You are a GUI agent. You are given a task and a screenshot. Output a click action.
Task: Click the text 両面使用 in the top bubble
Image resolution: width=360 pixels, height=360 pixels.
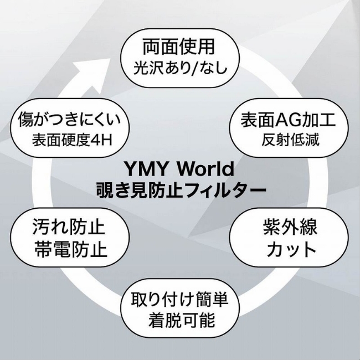click(x=178, y=46)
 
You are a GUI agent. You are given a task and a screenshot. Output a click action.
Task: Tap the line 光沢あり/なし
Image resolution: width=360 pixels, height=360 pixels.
click(x=178, y=69)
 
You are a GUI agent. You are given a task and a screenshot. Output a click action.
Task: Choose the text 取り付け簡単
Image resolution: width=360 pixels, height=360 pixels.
click(x=179, y=300)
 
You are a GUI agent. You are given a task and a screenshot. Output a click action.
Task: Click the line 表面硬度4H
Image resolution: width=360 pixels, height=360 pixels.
click(x=73, y=139)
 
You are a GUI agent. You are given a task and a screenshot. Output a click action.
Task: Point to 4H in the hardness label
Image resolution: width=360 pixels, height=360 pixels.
click(x=103, y=139)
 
